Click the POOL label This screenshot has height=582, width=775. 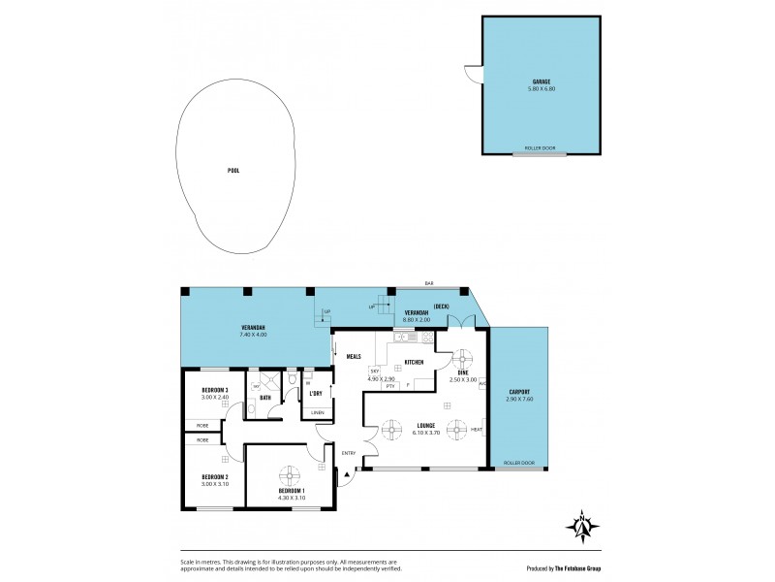click(232, 170)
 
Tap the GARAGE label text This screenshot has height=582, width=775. click(542, 81)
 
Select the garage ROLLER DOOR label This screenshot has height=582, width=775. click(539, 148)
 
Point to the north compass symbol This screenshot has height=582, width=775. click(582, 526)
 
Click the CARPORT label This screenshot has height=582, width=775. click(519, 392)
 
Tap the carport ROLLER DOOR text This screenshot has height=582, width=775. click(519, 463)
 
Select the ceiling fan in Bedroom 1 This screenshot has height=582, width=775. click(290, 474)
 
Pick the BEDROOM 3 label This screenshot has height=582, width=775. click(215, 390)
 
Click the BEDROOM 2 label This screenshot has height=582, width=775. click(215, 476)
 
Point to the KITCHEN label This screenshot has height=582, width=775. click(414, 362)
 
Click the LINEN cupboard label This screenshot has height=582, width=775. click(317, 413)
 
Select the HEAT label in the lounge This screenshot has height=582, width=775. click(477, 429)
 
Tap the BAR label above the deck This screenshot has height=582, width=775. click(429, 284)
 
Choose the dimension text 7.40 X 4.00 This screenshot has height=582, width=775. click(255, 335)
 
